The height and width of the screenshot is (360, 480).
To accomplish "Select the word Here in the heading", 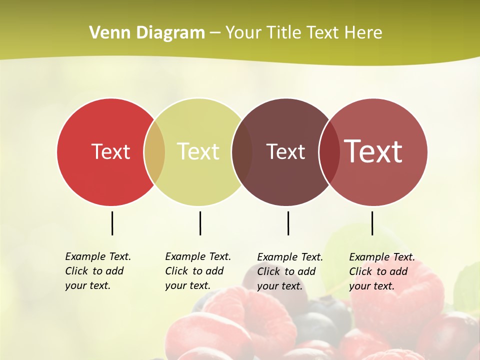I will [x=363, y=33].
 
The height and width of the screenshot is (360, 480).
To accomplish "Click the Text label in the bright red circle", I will [x=110, y=151].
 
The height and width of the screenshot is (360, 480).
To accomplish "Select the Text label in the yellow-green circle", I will [x=198, y=151].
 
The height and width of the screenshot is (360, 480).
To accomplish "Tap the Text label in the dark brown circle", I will [x=285, y=151].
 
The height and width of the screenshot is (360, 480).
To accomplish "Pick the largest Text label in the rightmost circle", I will [x=373, y=151].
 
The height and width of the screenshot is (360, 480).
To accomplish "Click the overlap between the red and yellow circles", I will [x=154, y=152].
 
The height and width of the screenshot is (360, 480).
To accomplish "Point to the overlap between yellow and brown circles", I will [x=242, y=152].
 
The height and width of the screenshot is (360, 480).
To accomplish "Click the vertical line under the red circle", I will [x=112, y=223].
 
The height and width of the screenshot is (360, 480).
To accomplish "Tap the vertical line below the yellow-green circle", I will [x=200, y=223].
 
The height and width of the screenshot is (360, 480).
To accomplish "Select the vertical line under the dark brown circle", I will [x=288, y=223].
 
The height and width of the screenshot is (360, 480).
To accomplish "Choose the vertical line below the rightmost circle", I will [x=372, y=223].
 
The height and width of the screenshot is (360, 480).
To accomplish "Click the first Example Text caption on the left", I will [x=97, y=271].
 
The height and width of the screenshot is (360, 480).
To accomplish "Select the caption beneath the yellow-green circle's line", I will [x=197, y=271].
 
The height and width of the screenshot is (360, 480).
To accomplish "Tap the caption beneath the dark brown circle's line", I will [x=289, y=271].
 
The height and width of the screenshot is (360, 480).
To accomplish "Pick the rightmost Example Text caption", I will [x=381, y=271].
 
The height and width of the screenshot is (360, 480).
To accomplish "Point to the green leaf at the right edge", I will [x=468, y=285].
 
